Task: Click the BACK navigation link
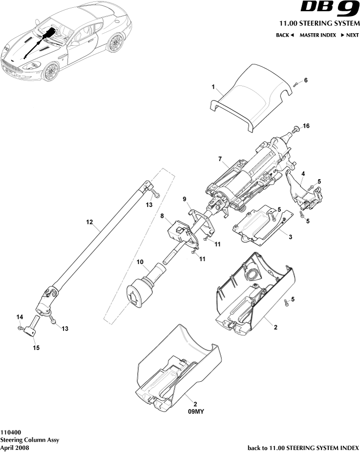click(x=285, y=35)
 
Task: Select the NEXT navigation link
click(x=350, y=35)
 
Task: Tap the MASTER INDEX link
click(x=317, y=35)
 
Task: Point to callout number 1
click(x=213, y=86)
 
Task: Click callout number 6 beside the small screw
click(x=306, y=80)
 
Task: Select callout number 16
click(x=306, y=126)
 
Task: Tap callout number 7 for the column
click(x=220, y=159)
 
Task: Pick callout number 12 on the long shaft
click(x=89, y=222)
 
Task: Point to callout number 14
click(x=20, y=317)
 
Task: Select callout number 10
click(x=140, y=262)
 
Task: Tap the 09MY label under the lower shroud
click(x=195, y=412)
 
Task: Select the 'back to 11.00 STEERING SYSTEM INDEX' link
click(x=303, y=447)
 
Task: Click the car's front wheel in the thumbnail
click(x=50, y=72)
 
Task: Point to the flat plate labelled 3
click(x=259, y=226)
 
